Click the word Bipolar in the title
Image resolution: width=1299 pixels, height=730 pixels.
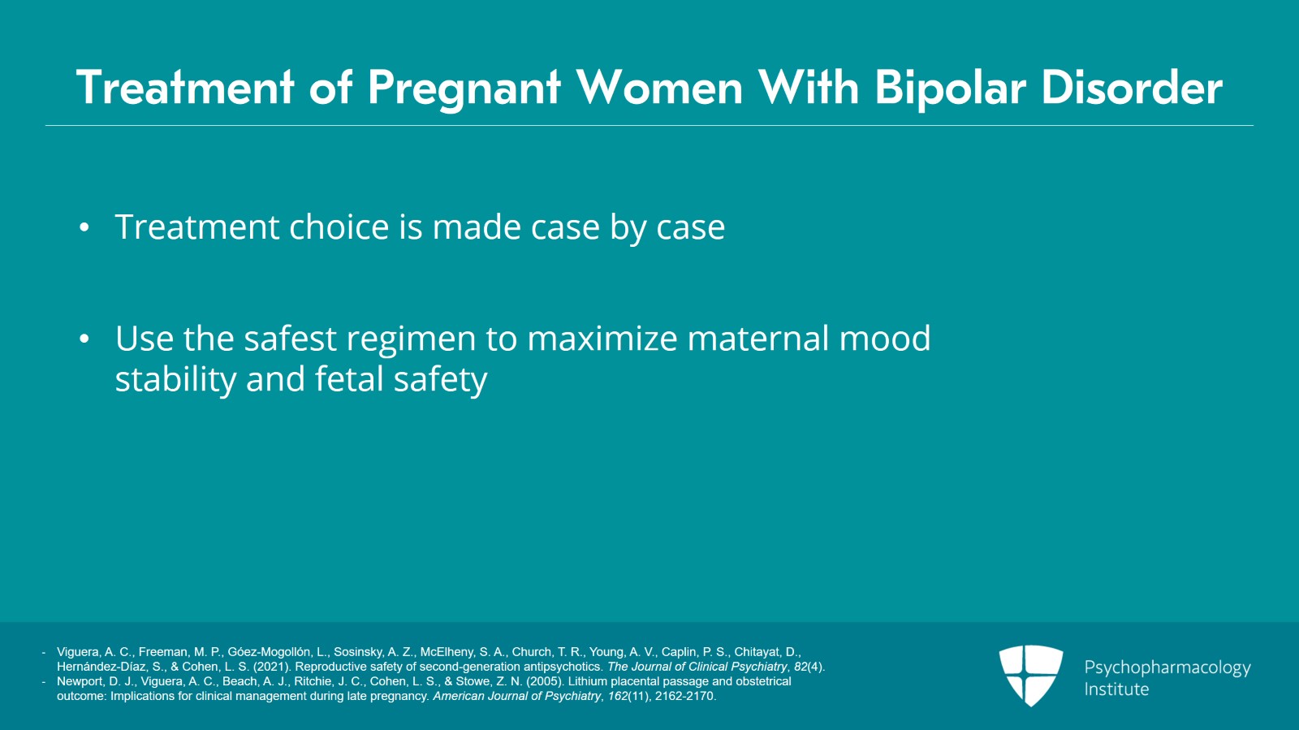[x=949, y=88]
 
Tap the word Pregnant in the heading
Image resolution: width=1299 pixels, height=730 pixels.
[x=464, y=88]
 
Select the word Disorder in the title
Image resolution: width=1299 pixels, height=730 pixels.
[x=1132, y=88]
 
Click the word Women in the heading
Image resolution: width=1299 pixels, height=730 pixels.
[x=659, y=88]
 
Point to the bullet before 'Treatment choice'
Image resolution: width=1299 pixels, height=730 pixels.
[x=84, y=228]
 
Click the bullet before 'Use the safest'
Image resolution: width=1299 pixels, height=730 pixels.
[x=84, y=339]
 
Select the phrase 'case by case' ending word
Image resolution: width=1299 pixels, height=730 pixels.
[x=690, y=227]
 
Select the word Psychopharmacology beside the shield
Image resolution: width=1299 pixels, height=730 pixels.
[x=1167, y=667]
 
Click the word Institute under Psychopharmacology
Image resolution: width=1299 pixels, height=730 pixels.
[x=1116, y=689]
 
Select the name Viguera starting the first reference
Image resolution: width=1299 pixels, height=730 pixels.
[x=77, y=652]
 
